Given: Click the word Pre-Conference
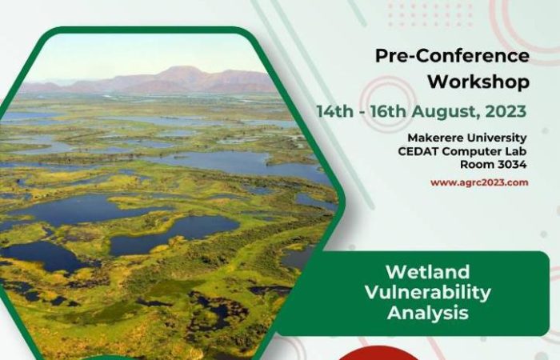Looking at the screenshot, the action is (x=452, y=56).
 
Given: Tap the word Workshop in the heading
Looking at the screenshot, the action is (x=478, y=82).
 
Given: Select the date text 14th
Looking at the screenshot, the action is (x=335, y=111).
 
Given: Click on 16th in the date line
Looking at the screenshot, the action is (x=388, y=111).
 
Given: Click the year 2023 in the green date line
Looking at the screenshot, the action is (x=506, y=111).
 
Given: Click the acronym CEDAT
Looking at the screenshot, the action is (x=418, y=151).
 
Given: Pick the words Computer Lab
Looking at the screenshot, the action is (x=484, y=152).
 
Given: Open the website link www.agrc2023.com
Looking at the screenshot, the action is (x=479, y=183).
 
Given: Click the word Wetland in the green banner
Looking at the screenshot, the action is (x=427, y=272).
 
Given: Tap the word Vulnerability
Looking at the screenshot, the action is (x=427, y=293).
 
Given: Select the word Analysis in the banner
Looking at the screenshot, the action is (x=427, y=313).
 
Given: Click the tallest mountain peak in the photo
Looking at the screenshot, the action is (x=182, y=68).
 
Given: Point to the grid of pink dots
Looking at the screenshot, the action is (x=430, y=14).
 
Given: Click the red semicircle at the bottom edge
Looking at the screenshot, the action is (x=378, y=354).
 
